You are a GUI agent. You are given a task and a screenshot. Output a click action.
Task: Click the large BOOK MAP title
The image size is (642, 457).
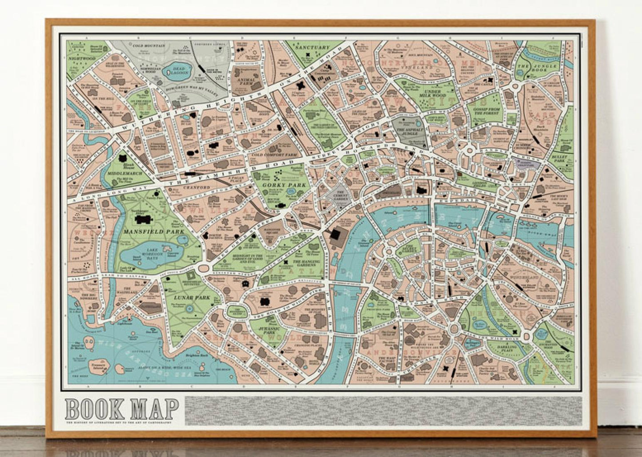122,409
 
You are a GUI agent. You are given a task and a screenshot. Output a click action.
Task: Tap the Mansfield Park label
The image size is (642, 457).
148,231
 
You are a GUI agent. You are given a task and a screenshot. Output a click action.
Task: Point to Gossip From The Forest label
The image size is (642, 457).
486,111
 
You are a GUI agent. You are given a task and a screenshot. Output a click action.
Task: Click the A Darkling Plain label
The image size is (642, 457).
506,349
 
